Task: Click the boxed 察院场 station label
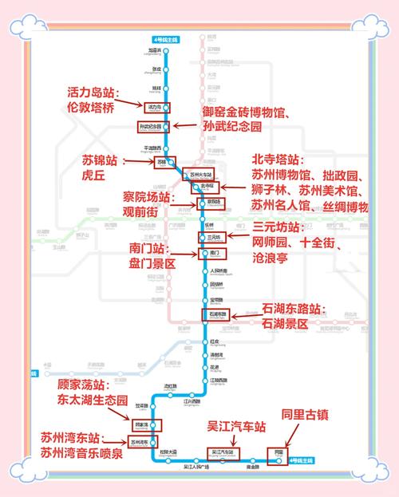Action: pos(212,203)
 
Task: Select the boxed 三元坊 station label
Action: pos(213,237)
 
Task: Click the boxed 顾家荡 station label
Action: pos(143,425)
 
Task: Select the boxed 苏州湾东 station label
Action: pos(140,442)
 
